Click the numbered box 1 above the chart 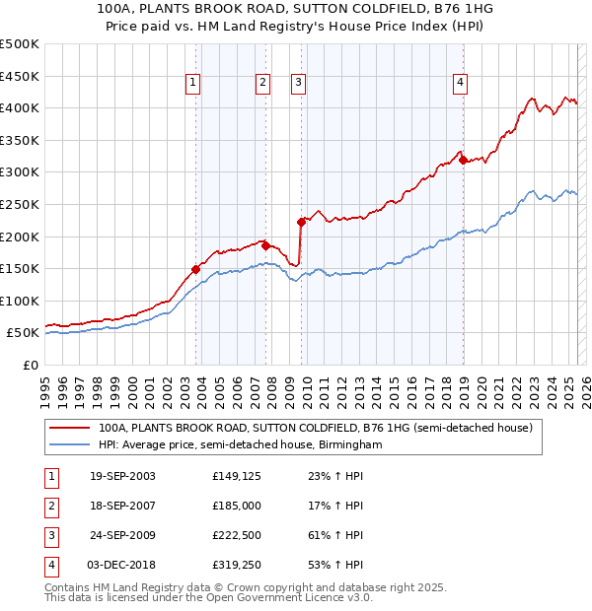click(x=192, y=84)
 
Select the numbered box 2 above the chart click(x=263, y=84)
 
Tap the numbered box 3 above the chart click(x=298, y=84)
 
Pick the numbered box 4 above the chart click(x=461, y=84)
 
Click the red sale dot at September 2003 click(x=196, y=269)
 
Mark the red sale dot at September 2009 click(x=301, y=222)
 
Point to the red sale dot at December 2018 click(x=463, y=160)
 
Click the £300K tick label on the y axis click(x=20, y=172)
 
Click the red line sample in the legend click(x=69, y=428)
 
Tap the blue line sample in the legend click(x=69, y=444)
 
